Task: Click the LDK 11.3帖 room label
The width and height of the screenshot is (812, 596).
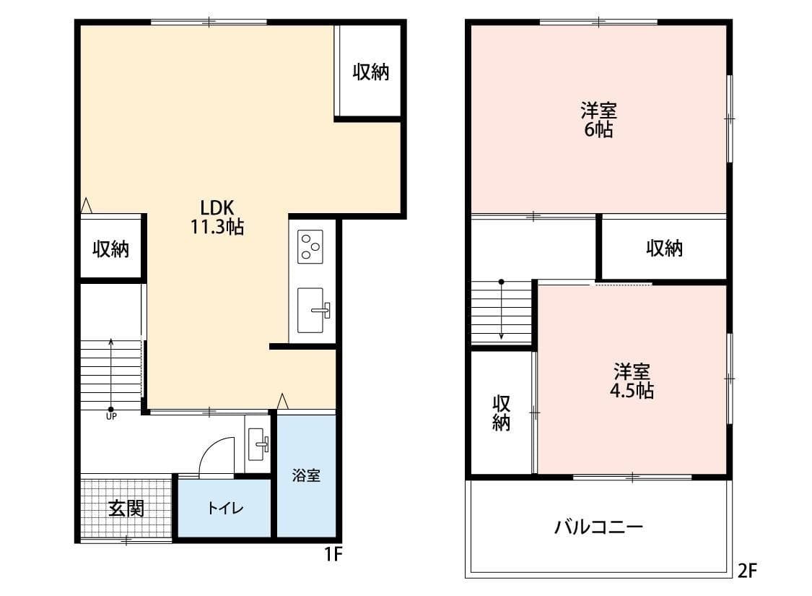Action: click(x=217, y=217)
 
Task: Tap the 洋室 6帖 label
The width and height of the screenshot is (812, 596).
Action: click(x=598, y=120)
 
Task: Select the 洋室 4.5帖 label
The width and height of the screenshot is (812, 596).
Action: click(x=632, y=381)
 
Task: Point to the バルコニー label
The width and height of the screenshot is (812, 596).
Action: click(x=598, y=527)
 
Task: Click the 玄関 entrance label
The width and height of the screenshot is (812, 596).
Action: click(x=126, y=509)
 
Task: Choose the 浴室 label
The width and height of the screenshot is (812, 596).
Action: click(x=306, y=475)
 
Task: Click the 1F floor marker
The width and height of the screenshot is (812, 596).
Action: click(x=333, y=555)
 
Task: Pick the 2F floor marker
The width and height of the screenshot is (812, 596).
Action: click(x=747, y=571)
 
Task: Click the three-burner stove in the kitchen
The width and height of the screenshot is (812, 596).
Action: click(x=310, y=246)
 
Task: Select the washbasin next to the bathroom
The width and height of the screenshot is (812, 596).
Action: click(x=258, y=444)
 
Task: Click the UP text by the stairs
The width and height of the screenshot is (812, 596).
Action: click(x=111, y=416)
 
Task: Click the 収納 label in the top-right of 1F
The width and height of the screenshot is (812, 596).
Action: click(x=371, y=72)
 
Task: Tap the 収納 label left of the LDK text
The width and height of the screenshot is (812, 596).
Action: click(x=111, y=249)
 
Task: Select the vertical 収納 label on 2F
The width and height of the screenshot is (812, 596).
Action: click(x=502, y=413)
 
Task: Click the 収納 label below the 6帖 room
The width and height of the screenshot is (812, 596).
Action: click(x=665, y=249)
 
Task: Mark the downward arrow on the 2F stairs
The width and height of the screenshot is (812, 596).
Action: click(x=502, y=310)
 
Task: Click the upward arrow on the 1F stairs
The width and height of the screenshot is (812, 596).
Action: click(x=111, y=375)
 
